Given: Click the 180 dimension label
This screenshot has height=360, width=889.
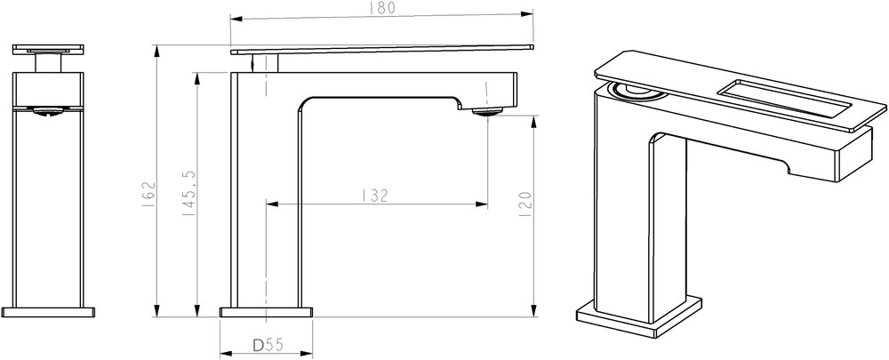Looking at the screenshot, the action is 382,8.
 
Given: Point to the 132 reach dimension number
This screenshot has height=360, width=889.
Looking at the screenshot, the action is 375,196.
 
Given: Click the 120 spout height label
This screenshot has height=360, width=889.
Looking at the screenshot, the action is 525,204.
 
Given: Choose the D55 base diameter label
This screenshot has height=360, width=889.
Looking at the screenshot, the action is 268,344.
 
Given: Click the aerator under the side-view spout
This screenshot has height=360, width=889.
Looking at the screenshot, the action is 487,111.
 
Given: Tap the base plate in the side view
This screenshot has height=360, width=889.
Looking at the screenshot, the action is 267,312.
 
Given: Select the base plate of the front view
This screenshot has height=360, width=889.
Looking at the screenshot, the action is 48,312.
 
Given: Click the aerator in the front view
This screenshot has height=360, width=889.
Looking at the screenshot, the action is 48,111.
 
